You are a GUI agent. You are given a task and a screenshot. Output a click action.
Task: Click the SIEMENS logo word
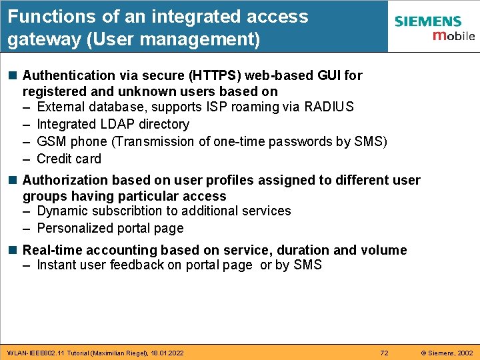[x=427, y=21]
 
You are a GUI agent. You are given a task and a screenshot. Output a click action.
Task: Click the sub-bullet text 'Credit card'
[x=69, y=159]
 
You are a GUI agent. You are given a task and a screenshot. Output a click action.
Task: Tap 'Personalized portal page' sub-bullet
[x=110, y=228]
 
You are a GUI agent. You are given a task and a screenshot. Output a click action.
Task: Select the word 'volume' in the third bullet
[x=383, y=250]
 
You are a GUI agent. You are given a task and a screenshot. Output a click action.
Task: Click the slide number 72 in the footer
[x=384, y=352]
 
